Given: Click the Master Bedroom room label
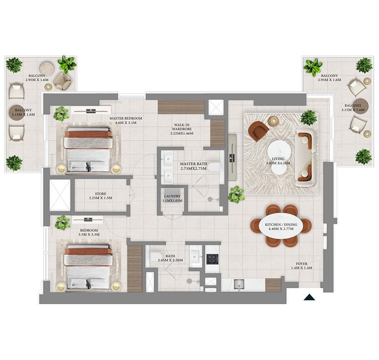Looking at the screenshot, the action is (126, 120).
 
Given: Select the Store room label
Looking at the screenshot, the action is (100, 196).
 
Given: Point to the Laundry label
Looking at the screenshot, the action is (172, 199).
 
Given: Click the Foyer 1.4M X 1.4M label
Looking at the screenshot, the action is (301, 265).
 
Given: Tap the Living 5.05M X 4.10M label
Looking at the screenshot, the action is (278, 161).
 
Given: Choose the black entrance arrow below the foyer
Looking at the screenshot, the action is (309, 297).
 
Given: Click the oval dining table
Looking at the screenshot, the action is (281, 226).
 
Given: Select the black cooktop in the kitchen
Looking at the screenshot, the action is (212, 259).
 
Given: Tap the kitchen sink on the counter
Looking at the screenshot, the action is (238, 284).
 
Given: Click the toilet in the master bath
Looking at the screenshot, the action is (215, 167).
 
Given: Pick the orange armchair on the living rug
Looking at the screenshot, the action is (258, 130).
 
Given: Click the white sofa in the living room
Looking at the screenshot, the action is (306, 159).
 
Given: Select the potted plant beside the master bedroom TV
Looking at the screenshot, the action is (61, 113).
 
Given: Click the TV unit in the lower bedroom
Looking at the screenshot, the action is (88, 220).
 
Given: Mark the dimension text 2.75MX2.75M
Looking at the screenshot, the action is (193, 168).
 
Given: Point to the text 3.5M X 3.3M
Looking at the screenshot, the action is (89, 234).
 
